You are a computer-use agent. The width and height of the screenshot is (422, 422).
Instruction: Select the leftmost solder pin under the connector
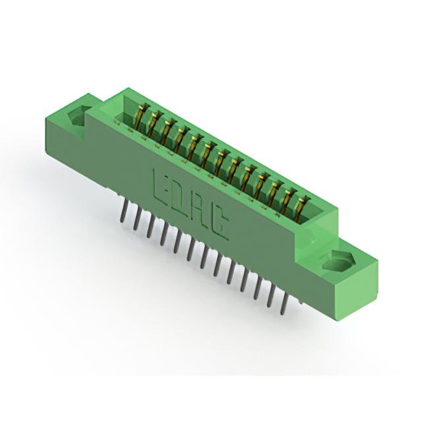tap(124, 211)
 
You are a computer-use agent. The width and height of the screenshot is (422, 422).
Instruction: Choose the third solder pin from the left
tap(150, 227)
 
